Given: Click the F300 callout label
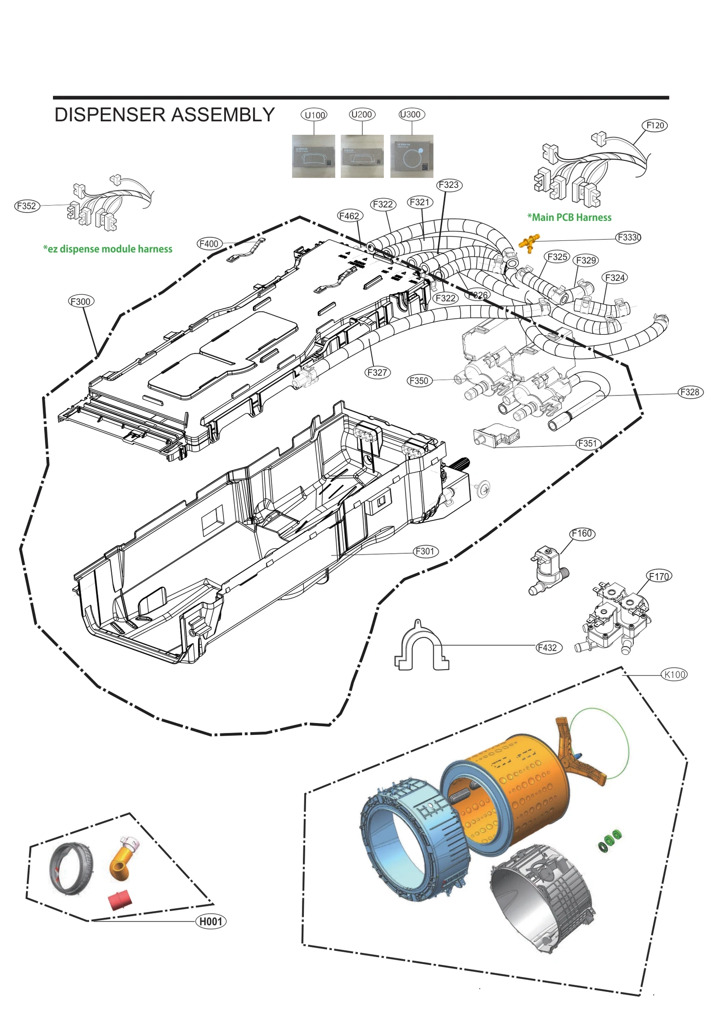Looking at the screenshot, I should [x=81, y=302].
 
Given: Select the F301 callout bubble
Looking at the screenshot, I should [x=425, y=551].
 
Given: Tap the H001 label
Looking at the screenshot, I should [x=211, y=922].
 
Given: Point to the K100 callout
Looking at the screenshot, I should [x=675, y=675].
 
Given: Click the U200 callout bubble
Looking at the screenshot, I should [x=362, y=115].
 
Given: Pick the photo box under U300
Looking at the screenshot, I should [x=412, y=156].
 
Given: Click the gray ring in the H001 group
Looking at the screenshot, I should [x=71, y=870].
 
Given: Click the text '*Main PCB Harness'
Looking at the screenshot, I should [x=569, y=218].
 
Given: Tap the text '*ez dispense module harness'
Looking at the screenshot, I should [x=107, y=249].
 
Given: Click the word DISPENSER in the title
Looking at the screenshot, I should [x=110, y=115].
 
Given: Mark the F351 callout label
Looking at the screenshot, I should [x=588, y=444].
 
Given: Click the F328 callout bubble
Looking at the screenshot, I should [x=690, y=392].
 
